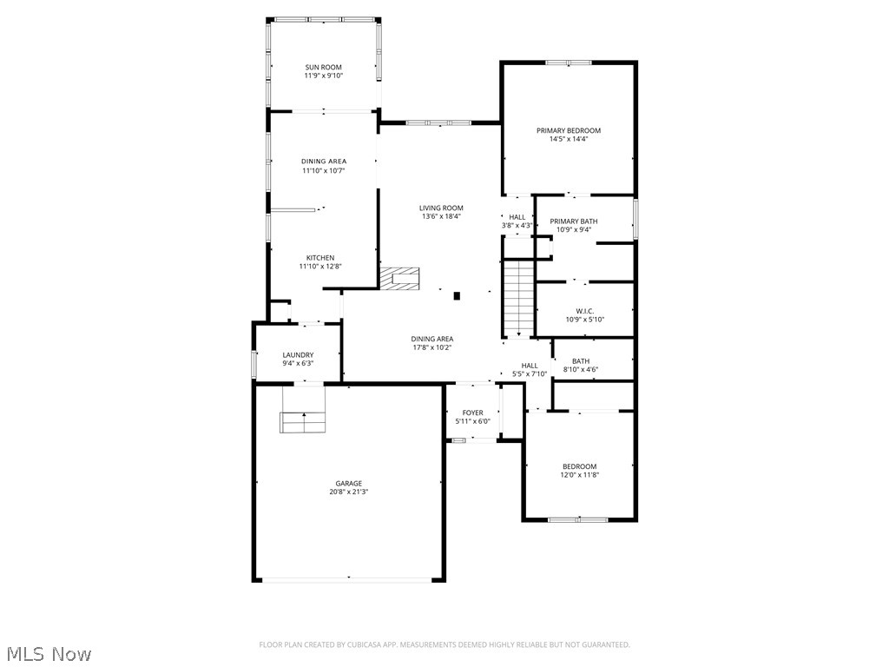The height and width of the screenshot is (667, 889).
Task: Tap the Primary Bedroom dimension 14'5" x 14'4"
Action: [568, 139]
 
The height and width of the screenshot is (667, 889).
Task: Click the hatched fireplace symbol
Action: [399, 279]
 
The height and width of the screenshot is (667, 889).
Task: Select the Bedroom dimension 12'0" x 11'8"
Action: [579, 475]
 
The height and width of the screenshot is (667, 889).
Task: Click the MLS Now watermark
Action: [48, 653]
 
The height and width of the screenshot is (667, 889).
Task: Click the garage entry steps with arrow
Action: [302, 422]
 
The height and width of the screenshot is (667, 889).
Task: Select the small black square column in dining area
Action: [457, 295]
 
